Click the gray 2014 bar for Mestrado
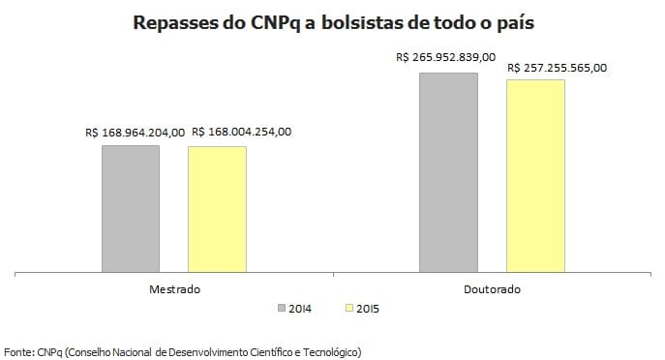[x=131, y=208]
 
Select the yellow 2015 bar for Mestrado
[x=217, y=209]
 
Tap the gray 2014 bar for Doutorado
[x=448, y=172]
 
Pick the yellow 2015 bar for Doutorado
[x=535, y=176]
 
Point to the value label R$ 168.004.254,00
[x=241, y=133]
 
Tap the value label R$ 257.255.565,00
[x=558, y=68]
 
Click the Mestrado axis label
[x=174, y=289]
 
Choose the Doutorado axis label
[x=492, y=289]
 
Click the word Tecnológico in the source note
[x=330, y=350]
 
